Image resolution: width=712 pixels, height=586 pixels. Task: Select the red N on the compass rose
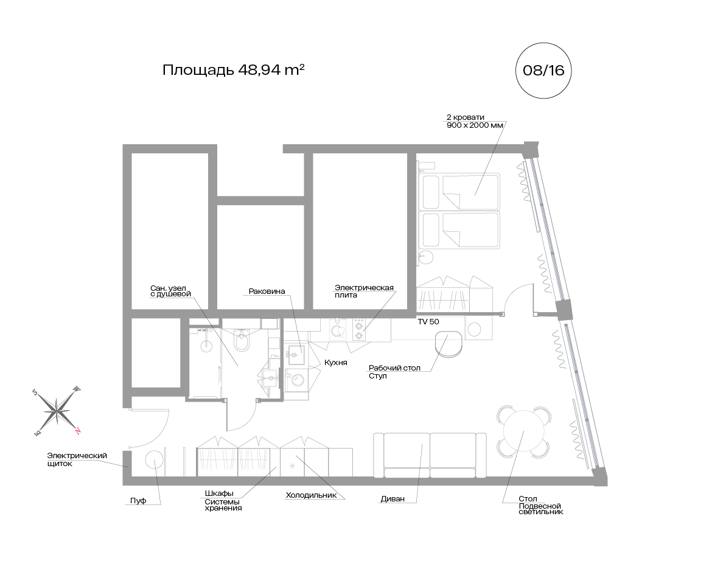[x=78, y=431]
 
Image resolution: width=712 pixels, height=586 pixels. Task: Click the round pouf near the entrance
[x=154, y=460]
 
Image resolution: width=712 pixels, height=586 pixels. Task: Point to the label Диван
[x=393, y=499]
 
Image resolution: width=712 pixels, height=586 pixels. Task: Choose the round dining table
[x=523, y=431]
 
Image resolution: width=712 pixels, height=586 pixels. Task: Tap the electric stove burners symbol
[x=358, y=330]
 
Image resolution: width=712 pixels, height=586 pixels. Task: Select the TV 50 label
[x=428, y=322]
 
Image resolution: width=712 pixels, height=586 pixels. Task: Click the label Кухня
[x=335, y=363]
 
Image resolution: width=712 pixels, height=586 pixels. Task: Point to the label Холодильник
[x=311, y=495]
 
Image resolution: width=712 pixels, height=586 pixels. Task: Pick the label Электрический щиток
[x=77, y=459]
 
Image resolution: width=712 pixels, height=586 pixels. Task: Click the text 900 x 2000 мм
[x=475, y=125]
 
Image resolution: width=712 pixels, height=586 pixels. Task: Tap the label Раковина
[x=267, y=291]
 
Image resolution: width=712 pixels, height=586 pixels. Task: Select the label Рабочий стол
[x=394, y=368]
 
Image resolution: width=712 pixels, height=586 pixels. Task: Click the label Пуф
[x=138, y=501]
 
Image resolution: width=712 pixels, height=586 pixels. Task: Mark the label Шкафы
[x=219, y=494]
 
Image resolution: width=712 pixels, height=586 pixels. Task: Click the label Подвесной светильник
[x=541, y=509]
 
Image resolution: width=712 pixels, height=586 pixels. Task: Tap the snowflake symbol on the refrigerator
[x=292, y=466]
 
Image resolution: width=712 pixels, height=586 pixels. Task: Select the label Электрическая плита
[x=364, y=291]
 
